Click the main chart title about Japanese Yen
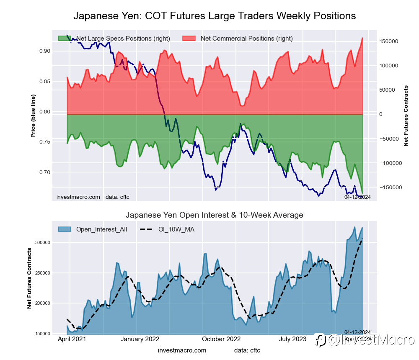[x=215, y=16]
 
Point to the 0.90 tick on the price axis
[x=44, y=51]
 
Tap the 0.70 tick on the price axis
[x=44, y=172]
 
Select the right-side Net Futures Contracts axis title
[x=406, y=116]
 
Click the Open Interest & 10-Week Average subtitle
[x=215, y=215]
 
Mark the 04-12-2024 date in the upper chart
[x=357, y=197]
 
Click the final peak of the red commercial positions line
[x=362, y=38]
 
